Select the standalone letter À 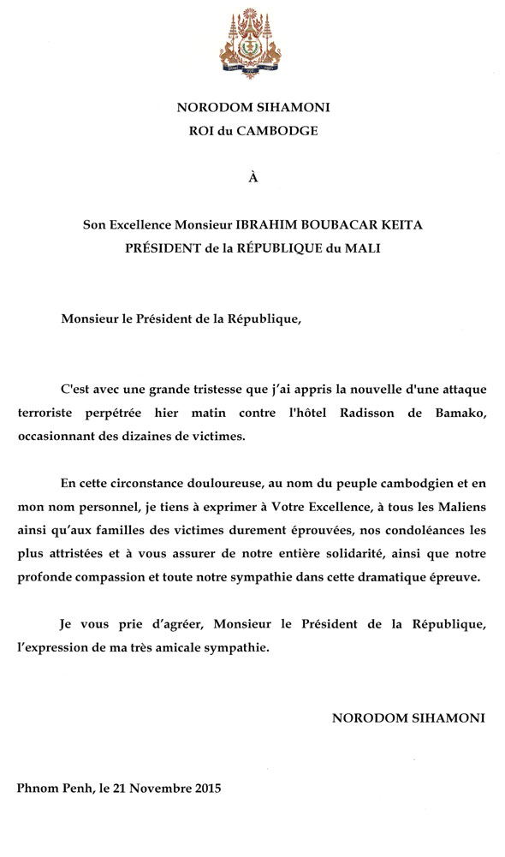coord(252,179)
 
